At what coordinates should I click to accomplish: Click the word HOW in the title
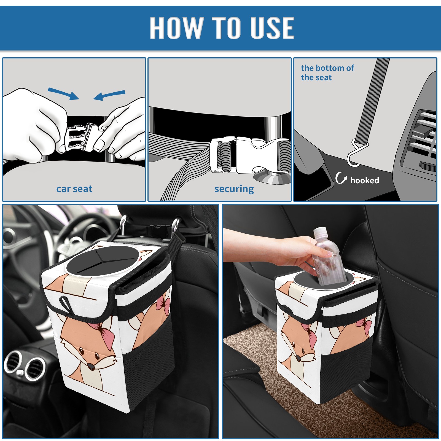176,28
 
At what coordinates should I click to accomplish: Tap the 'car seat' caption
74,189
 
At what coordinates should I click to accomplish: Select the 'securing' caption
234,189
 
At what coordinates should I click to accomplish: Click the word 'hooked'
365,180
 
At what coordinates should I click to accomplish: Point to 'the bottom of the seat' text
327,72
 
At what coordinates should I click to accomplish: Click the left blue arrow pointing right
64,94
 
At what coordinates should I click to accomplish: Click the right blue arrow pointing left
109,95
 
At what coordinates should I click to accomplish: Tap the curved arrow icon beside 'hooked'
341,178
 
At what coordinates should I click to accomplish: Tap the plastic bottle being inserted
327,256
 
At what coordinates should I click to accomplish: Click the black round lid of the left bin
103,261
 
